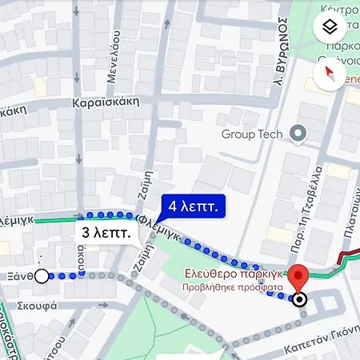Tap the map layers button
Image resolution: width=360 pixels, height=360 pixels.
point(331,28)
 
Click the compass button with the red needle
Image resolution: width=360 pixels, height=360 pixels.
point(331,75)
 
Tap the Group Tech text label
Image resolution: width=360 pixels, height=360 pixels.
point(252,134)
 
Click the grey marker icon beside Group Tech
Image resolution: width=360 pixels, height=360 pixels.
point(298,134)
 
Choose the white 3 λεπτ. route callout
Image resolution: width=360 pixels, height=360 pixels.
point(107,233)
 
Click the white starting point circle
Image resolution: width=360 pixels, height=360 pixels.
point(42,276)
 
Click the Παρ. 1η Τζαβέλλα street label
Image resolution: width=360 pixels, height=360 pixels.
point(315,205)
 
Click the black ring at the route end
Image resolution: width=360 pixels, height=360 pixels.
point(299,301)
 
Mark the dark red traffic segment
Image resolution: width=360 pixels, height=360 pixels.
point(349,258)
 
